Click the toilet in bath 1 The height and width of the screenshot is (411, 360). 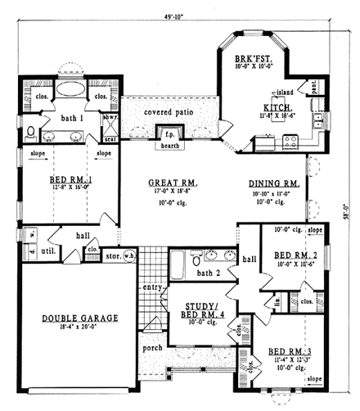31,132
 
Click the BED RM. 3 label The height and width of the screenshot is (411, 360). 288,353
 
